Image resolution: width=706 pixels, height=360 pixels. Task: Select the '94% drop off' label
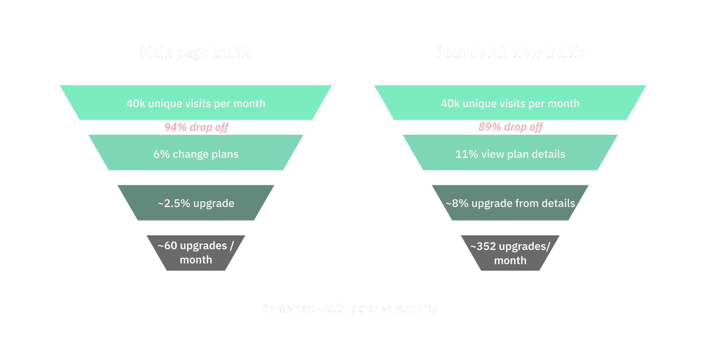point(196,127)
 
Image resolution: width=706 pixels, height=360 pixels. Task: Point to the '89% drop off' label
point(510,127)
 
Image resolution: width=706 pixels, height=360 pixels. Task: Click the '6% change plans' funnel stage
point(196,154)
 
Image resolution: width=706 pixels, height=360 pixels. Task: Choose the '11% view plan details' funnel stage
point(510,154)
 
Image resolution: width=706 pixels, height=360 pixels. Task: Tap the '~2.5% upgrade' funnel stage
point(196,203)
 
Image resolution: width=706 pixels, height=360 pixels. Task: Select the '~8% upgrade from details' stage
point(510,203)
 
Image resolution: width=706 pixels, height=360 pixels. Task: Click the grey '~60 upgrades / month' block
point(196,253)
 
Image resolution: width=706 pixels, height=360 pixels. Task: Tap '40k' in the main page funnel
point(136,104)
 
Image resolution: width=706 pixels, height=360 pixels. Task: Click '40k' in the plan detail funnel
point(450,104)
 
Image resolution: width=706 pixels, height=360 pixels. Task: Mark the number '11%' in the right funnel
point(467,154)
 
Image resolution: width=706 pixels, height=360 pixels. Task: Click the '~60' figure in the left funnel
point(167,246)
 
